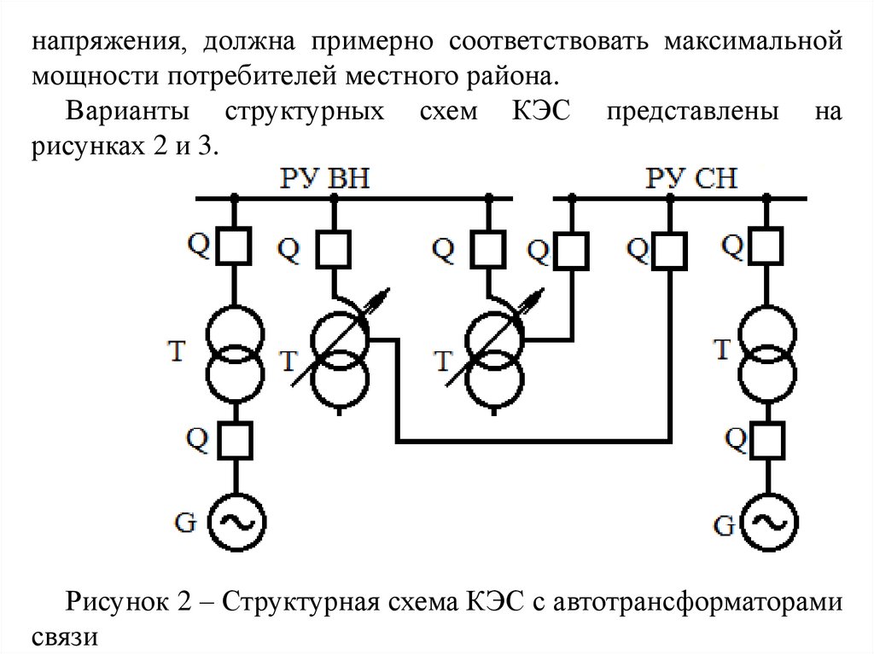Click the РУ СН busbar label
pos(691,179)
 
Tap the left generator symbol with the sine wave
pos(233,522)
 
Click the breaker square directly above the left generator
pos(233,441)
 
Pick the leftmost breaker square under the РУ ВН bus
pos(233,246)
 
